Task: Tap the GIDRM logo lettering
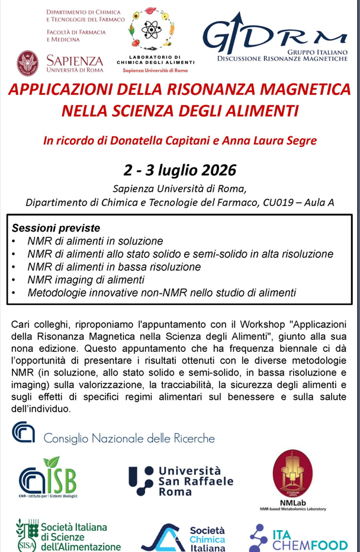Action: pos(272,37)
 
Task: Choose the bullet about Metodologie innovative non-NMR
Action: pos(161,292)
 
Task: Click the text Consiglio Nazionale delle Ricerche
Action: pos(129,438)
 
